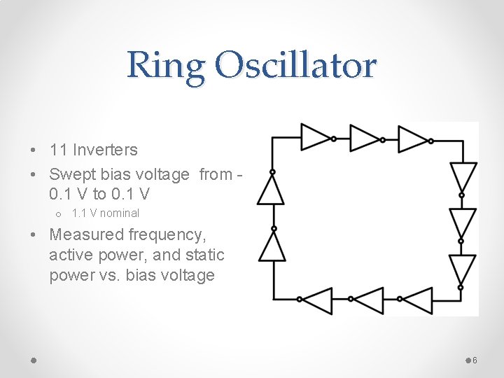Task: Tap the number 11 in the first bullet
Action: (59, 150)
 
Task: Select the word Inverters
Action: (105, 150)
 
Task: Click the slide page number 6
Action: (475, 360)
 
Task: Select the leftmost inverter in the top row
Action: (315, 138)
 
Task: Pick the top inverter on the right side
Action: (462, 177)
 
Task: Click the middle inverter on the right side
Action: (462, 223)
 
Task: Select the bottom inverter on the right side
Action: (462, 269)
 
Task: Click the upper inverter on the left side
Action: (272, 189)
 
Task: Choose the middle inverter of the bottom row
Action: (368, 300)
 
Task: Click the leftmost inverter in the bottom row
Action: (317, 300)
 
